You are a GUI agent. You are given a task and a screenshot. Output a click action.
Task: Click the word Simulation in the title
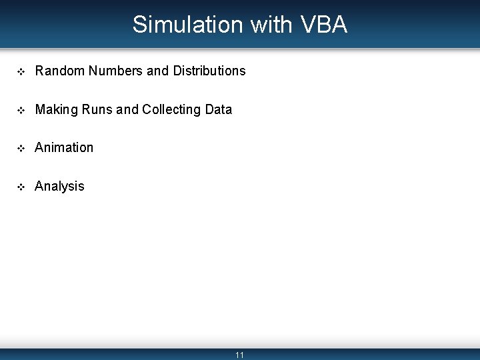[188, 25]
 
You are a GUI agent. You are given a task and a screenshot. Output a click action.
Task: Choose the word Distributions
[209, 71]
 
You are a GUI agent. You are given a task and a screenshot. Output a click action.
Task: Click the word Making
[55, 109]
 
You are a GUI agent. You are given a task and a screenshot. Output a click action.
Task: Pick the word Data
[219, 109]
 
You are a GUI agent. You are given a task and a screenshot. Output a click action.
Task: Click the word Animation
[64, 147]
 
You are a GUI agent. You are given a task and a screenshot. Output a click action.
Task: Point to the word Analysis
[59, 186]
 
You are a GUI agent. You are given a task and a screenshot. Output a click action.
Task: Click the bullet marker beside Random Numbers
[21, 71]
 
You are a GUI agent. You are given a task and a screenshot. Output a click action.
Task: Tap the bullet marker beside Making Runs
[21, 110]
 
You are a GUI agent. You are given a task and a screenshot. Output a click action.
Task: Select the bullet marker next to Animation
[21, 148]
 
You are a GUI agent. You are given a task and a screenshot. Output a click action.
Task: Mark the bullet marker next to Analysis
[21, 187]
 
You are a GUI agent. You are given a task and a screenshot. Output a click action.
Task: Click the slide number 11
[240, 355]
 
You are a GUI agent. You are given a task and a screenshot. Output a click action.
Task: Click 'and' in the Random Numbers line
[158, 71]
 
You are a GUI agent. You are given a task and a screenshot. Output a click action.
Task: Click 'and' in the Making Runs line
[127, 109]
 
